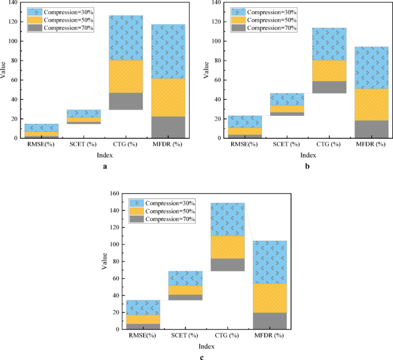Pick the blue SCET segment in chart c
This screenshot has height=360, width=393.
point(185,278)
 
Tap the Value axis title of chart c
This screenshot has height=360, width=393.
point(104,261)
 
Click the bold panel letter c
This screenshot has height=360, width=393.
point(201,358)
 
